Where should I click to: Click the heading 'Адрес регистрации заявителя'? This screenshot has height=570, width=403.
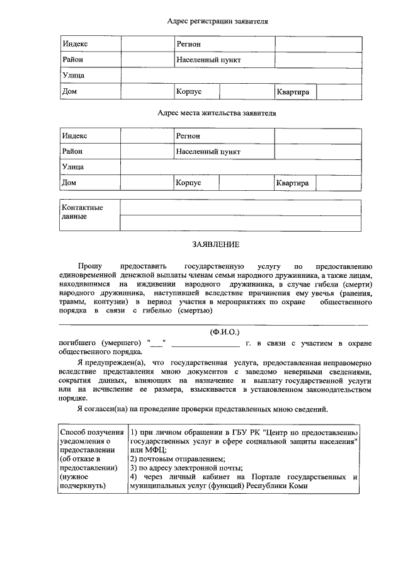[217, 21]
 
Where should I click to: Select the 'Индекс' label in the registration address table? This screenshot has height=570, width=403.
[75, 44]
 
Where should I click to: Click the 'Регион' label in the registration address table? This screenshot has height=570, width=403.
[188, 44]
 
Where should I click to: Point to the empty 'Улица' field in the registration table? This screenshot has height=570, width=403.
[241, 76]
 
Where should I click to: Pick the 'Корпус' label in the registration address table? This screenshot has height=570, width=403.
[189, 92]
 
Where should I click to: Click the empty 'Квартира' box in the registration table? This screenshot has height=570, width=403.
[339, 92]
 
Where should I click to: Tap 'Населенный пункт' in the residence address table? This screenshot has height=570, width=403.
[208, 152]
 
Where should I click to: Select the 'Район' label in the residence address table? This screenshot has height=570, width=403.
[72, 152]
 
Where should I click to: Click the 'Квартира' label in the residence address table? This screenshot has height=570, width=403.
[293, 183]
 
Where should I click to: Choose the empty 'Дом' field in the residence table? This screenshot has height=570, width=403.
[147, 183]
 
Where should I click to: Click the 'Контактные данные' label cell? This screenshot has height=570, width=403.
[82, 212]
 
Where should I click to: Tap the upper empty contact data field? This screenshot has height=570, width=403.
[241, 208]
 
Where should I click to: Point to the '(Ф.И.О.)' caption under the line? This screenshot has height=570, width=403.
[225, 331]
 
